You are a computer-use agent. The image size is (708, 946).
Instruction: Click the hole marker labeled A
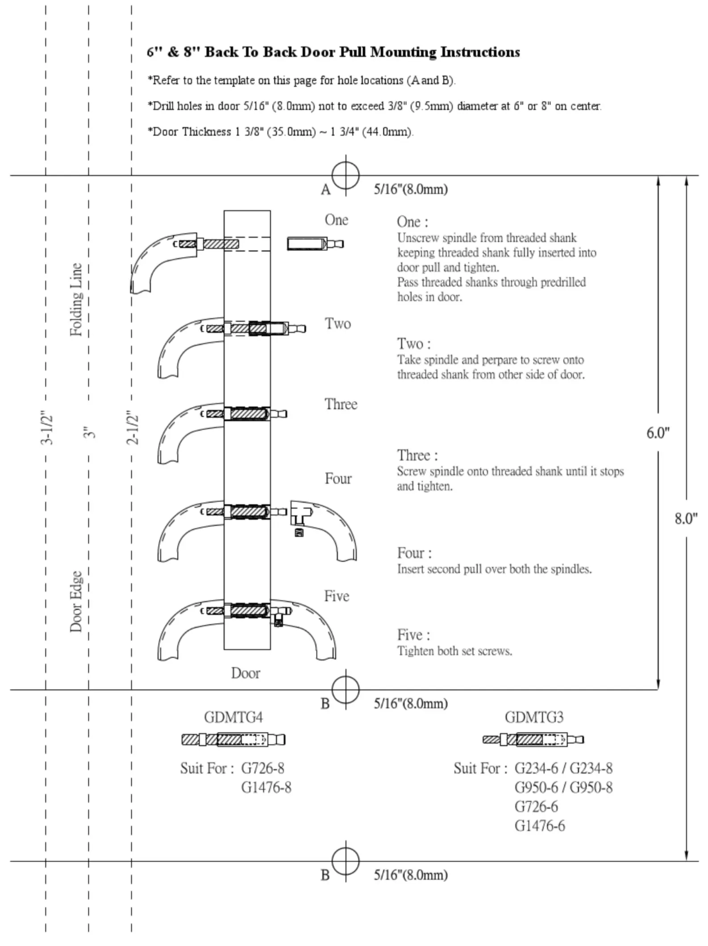coord(346,175)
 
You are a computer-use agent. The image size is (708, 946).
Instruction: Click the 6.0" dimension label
coord(658,432)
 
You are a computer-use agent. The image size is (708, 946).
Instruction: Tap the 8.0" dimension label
coord(686,519)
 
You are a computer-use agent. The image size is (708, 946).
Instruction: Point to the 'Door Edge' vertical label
coord(76,601)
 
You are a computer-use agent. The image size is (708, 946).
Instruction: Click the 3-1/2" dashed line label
coord(47,427)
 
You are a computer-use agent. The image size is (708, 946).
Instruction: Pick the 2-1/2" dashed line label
coord(133,427)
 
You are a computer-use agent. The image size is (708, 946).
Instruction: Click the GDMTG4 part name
coord(233,717)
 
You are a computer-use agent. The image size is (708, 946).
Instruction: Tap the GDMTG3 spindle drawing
coord(533,740)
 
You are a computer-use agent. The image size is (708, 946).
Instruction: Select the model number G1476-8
coord(266,788)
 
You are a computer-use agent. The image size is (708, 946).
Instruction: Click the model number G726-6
coord(536,807)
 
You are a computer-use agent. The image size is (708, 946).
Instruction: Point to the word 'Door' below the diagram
coord(246,673)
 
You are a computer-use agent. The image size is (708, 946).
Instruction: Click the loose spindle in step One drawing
coord(315,244)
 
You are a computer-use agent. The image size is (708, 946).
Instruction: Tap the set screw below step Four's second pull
coord(299,532)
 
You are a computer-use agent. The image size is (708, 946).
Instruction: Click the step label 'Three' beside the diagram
coord(341,404)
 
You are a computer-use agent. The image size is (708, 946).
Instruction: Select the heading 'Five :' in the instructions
coord(414,635)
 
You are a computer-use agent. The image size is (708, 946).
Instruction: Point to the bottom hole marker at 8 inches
coord(346,861)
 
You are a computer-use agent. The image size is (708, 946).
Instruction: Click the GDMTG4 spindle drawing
coord(233,740)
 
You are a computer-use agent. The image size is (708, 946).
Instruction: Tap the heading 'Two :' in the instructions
coord(414,344)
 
